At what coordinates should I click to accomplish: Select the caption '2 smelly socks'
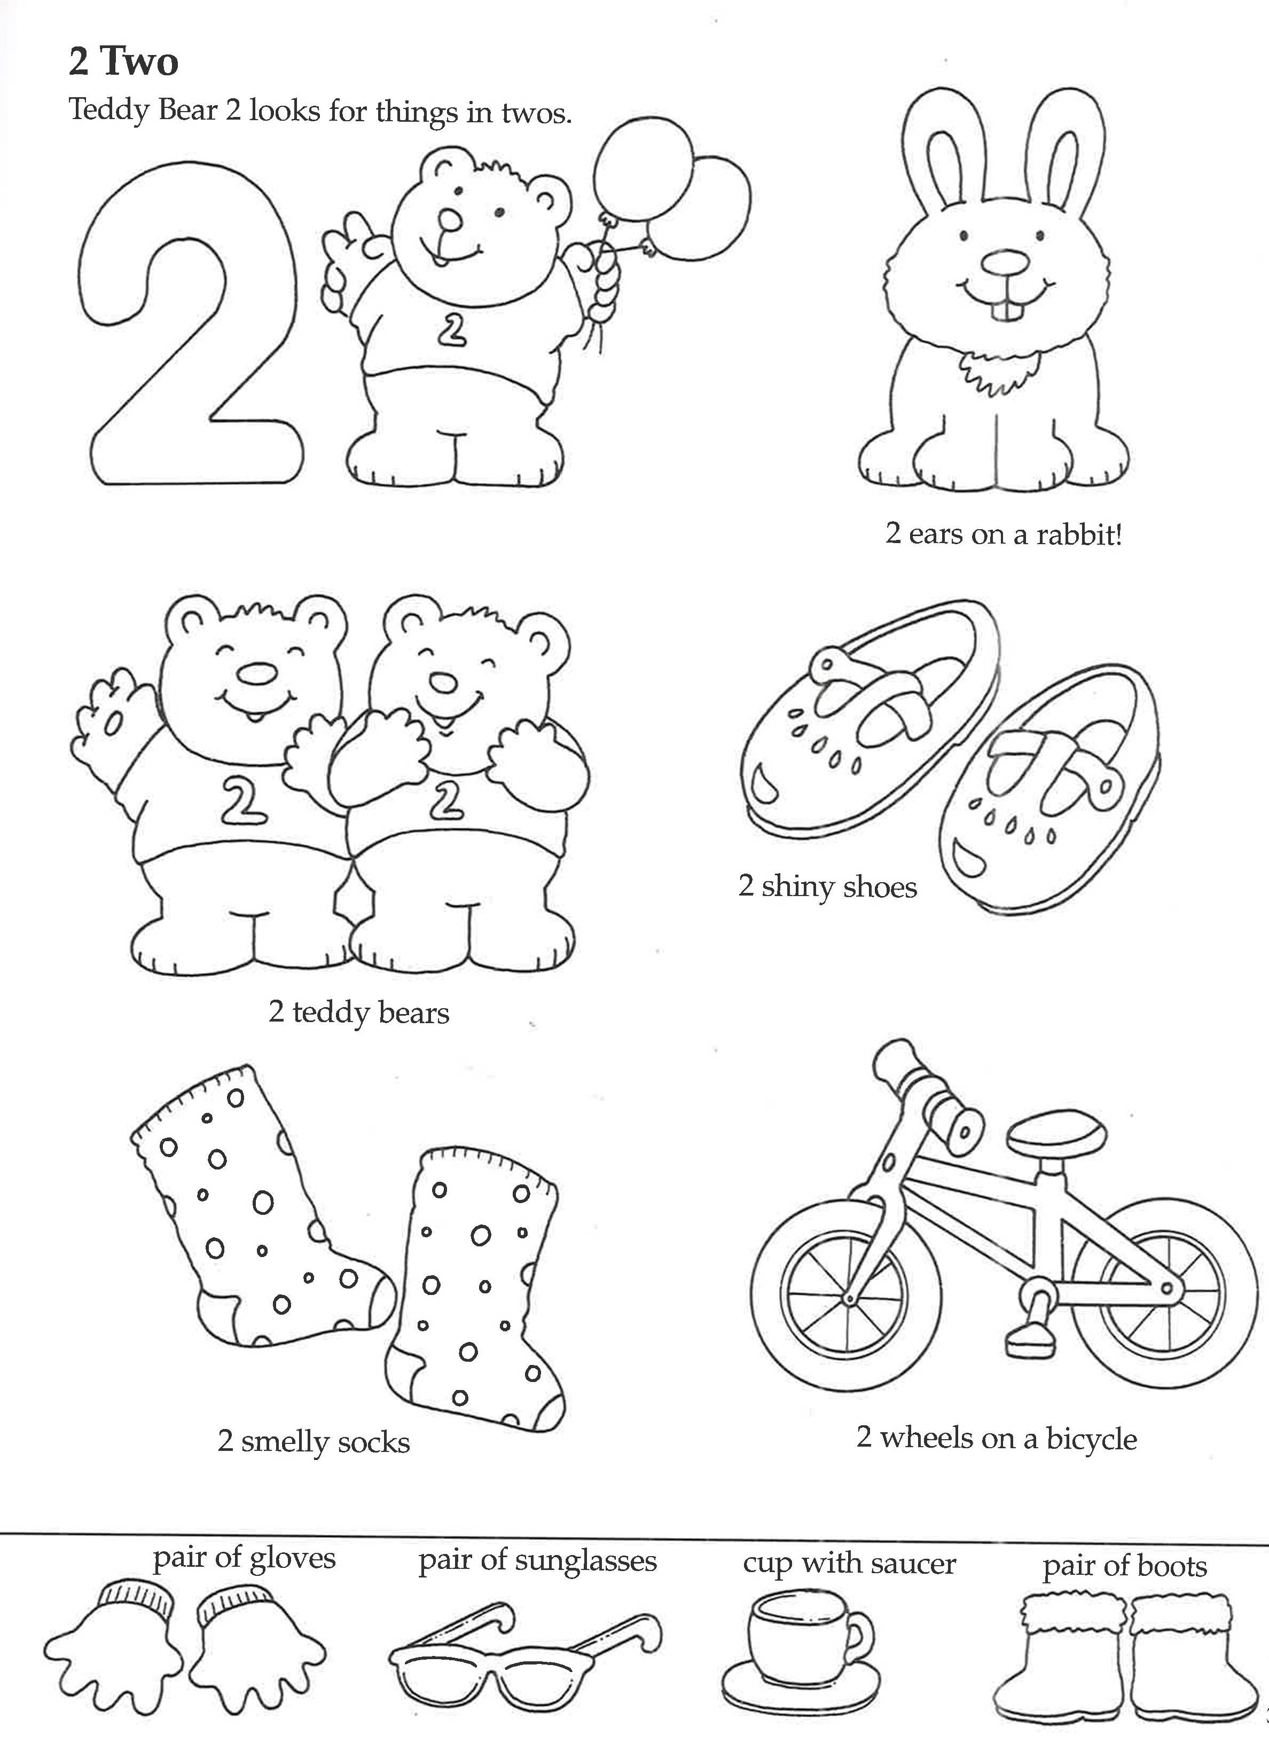tap(314, 1442)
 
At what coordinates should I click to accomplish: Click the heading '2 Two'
tap(123, 61)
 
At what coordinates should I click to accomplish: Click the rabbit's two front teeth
tap(1006, 310)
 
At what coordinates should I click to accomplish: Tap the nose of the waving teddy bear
tap(256, 673)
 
